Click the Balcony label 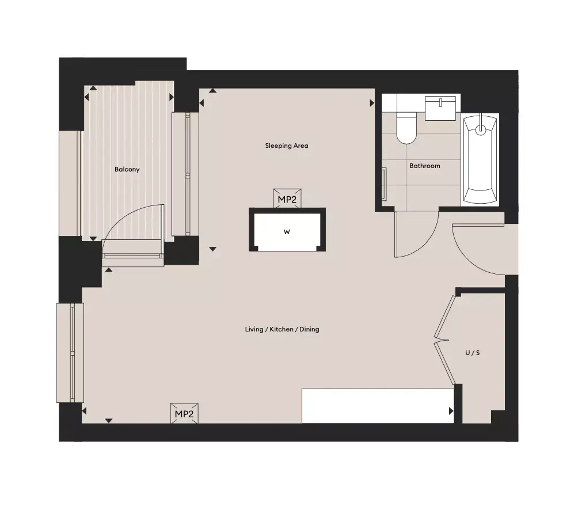pos(127,170)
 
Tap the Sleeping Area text pos(287,146)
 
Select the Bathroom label pos(425,166)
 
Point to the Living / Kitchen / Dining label pos(282,329)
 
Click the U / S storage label pos(472,353)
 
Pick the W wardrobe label pos(287,232)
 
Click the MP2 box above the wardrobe pos(287,199)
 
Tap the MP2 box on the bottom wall pos(184,413)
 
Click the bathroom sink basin pos(440,108)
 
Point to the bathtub pos(480,159)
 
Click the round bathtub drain pos(481,129)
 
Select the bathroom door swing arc pos(428,243)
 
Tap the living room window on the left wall pos(70,353)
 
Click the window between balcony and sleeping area pos(186,174)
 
